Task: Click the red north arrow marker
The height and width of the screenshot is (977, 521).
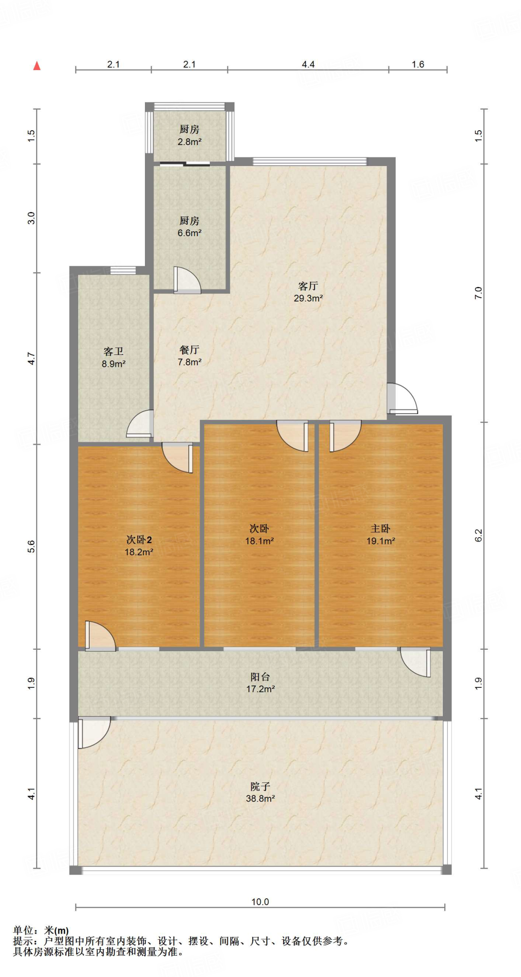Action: (37, 66)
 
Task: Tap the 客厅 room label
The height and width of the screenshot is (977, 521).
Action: (308, 286)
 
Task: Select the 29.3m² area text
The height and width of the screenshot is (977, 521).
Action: (308, 298)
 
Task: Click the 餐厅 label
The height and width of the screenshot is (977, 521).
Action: (189, 350)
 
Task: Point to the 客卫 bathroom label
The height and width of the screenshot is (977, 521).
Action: (113, 352)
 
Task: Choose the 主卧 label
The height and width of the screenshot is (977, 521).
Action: (380, 529)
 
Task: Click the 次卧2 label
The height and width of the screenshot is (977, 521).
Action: (139, 540)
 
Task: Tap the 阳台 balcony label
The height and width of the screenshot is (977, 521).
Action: (260, 676)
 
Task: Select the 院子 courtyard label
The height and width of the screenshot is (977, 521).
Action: (260, 786)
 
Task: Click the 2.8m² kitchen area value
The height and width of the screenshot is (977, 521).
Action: (189, 142)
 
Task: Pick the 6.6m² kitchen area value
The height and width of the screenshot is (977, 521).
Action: (189, 233)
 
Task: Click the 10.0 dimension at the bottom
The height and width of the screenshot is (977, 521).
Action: (260, 902)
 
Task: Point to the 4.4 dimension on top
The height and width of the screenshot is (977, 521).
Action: (308, 64)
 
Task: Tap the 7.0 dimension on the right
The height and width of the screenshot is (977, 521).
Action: (479, 293)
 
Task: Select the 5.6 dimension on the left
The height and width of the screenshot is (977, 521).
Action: (31, 546)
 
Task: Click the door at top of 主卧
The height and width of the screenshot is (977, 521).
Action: (345, 436)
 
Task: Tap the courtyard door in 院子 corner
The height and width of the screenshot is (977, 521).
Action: (94, 732)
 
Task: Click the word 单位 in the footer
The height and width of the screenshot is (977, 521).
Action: (23, 930)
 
